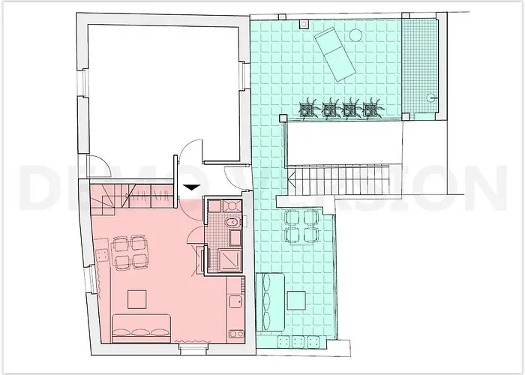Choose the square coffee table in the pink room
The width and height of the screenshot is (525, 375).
136,300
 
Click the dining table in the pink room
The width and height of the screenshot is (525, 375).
129,252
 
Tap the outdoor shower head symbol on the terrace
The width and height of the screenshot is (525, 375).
431,96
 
